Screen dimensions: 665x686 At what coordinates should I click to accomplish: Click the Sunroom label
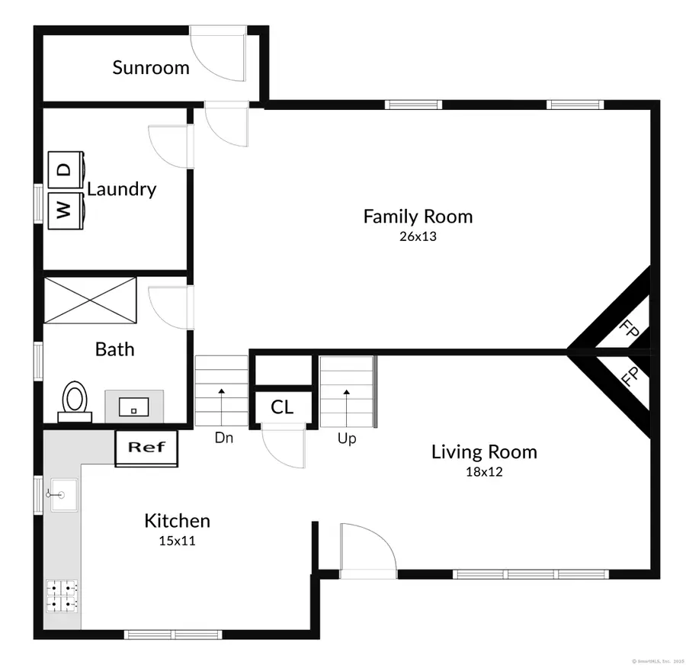151,67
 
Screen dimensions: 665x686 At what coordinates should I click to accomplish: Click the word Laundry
121,189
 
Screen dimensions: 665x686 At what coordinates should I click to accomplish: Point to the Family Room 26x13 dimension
417,236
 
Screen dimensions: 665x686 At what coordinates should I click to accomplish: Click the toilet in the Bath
75,401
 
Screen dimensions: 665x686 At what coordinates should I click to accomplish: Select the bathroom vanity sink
133,404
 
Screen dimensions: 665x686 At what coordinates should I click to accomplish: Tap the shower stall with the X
90,300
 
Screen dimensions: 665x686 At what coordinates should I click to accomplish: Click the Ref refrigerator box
146,448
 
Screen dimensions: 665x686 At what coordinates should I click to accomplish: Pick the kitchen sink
63,495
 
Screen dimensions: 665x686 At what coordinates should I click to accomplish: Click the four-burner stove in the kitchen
62,596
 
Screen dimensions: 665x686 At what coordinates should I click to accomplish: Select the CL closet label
282,407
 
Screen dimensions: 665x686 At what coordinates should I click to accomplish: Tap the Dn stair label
223,439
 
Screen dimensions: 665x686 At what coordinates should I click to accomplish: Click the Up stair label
347,439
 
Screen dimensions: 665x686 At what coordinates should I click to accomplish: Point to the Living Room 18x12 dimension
484,472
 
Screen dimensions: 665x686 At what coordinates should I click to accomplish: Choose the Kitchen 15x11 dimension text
177,540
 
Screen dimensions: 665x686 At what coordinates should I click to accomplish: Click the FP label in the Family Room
629,329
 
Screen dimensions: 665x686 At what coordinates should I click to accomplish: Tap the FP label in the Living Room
629,377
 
